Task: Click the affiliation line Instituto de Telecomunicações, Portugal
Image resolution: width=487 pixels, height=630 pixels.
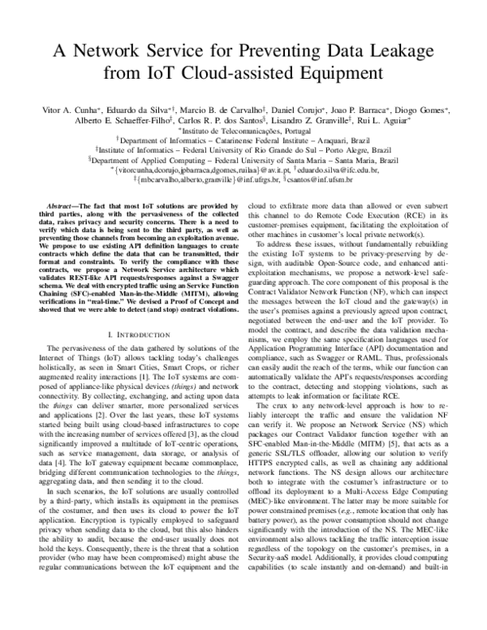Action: pyautogui.click(x=243, y=129)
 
